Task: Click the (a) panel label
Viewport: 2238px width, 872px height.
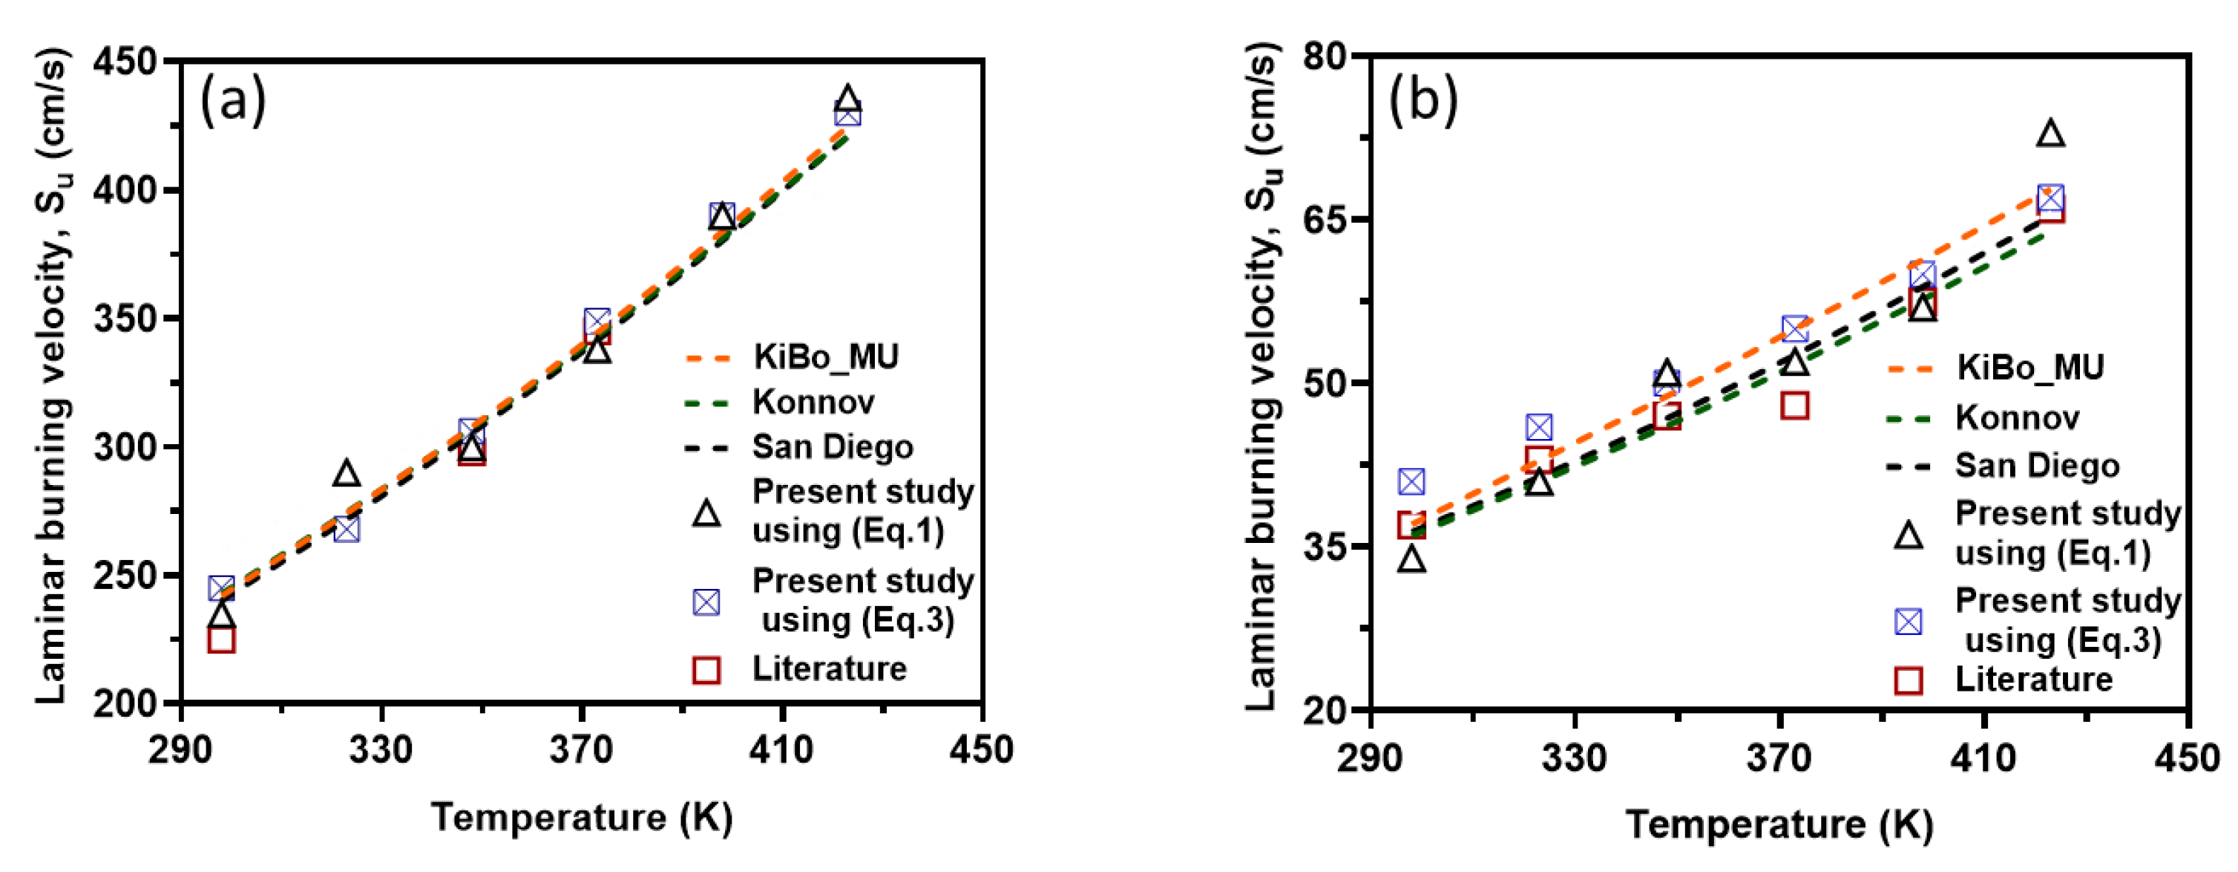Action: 232,102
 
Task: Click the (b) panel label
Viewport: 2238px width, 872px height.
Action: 1422,100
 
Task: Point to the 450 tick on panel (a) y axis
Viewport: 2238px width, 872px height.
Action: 125,62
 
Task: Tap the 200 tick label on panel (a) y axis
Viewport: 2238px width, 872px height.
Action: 125,703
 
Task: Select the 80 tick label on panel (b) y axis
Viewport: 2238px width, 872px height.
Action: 1324,56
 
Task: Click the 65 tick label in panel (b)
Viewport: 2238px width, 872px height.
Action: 1324,219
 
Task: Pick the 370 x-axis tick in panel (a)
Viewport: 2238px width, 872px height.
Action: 581,749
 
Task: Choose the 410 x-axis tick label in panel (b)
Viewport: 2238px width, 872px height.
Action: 1983,757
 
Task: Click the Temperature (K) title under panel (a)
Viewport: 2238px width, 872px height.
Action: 582,818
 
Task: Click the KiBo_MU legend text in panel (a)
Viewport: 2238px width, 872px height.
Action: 825,357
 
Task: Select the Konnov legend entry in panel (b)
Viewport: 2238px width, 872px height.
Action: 2018,418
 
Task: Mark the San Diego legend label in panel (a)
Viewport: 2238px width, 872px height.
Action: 833,447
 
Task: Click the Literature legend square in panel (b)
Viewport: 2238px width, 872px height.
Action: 1908,680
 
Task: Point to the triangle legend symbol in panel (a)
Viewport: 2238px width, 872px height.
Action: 706,514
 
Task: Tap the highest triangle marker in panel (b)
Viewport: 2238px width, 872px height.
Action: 2050,134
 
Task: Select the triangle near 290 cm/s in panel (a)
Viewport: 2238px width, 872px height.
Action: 347,474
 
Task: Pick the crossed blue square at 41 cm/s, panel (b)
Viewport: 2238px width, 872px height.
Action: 1412,481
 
